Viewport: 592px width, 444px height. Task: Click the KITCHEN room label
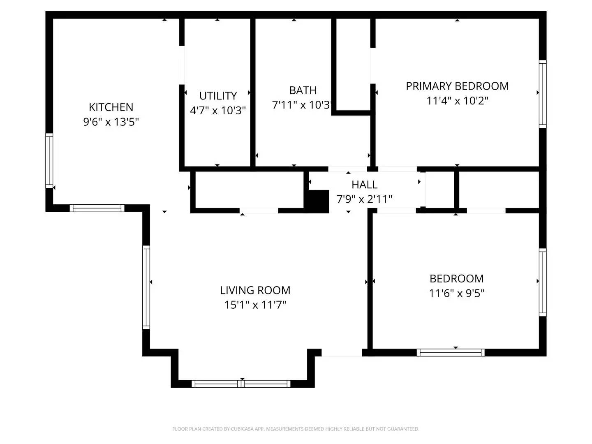111,107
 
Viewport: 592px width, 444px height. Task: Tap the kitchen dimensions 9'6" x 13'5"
111,122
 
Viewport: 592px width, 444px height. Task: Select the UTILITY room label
218,96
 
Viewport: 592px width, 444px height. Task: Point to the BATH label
303,90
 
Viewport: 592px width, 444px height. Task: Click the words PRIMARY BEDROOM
457,86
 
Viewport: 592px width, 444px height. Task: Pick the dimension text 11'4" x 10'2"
457,101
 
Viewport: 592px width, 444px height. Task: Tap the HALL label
364,185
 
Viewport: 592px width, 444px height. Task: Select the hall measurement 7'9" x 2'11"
364,199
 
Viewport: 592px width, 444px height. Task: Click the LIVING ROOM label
255,290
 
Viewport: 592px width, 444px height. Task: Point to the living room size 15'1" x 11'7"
255,305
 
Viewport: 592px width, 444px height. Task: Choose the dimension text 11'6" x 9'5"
457,293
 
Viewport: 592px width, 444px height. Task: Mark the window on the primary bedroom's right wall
543,94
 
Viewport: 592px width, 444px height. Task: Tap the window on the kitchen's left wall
49,161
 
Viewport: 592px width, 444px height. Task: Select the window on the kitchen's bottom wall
97,208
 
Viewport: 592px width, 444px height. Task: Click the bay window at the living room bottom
241,384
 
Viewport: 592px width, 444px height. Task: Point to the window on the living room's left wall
146,287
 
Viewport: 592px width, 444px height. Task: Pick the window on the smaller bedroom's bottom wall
451,352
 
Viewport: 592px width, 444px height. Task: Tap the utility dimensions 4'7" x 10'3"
218,111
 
